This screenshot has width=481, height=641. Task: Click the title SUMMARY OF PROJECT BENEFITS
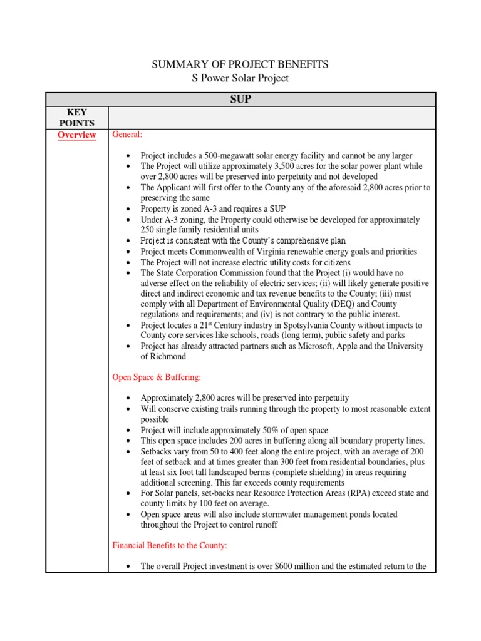240,64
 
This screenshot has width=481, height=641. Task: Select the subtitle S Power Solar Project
240,78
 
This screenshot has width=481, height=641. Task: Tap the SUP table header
240,99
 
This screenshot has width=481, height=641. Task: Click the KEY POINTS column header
76,117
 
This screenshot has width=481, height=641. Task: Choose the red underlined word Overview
76,135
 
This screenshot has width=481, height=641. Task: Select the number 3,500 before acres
296,167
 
